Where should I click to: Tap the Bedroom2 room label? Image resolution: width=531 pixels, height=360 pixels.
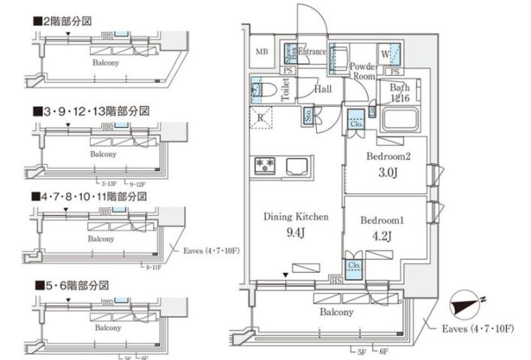click(x=386, y=157)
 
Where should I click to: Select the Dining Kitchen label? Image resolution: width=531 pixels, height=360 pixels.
click(x=296, y=217)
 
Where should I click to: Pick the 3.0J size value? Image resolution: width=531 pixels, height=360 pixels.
click(x=386, y=171)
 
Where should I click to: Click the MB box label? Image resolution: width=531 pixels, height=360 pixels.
click(x=261, y=52)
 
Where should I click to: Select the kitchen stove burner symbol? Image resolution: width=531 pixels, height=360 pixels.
click(x=265, y=165)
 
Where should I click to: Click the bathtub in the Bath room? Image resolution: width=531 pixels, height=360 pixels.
click(x=399, y=119)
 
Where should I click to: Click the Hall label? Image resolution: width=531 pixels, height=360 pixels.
click(x=324, y=89)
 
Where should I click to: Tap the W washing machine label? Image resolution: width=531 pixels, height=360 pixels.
click(x=385, y=53)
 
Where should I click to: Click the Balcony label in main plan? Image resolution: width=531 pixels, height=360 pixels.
click(x=335, y=312)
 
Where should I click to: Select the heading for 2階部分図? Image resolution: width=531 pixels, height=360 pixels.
click(x=62, y=22)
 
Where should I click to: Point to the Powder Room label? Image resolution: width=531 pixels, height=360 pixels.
click(x=363, y=71)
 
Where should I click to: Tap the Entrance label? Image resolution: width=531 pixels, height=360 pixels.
click(x=312, y=52)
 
